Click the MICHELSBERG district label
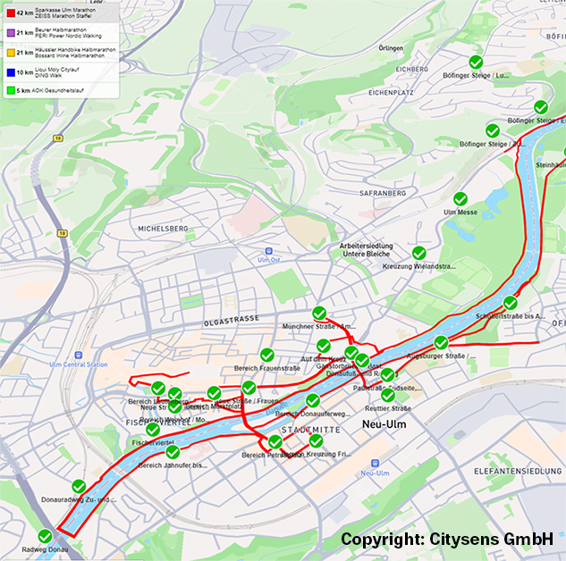[163, 229]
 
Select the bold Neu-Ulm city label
[384, 424]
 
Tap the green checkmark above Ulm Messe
[460, 198]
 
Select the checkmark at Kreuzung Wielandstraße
[418, 253]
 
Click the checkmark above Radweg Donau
[45, 536]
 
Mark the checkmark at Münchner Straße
[319, 314]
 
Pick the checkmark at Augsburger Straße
[441, 343]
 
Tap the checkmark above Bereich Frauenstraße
[266, 356]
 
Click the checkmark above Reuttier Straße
[387, 394]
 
